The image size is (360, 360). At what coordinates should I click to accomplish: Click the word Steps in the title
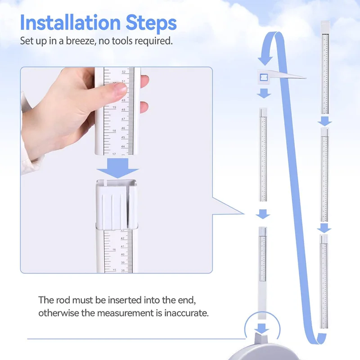151,22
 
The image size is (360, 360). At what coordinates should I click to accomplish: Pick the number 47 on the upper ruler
123,119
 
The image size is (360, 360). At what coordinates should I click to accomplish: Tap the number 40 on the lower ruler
122,254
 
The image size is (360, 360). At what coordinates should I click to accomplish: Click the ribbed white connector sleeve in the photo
116,202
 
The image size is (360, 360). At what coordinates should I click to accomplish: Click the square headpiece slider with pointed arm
263,78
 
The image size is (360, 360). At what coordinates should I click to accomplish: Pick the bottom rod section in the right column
324,281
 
